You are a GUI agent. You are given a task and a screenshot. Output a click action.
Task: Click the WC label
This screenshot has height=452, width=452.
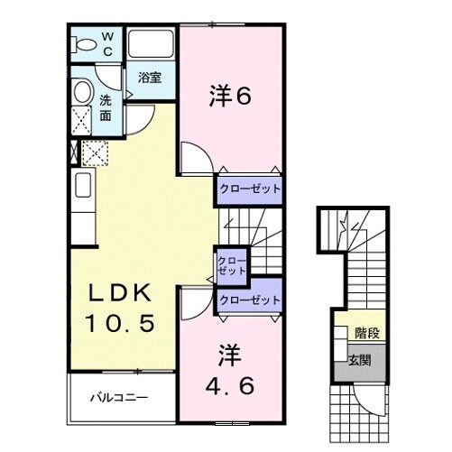click(x=107, y=44)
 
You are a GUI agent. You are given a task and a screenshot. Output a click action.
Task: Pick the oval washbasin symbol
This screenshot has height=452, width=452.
click(x=82, y=91)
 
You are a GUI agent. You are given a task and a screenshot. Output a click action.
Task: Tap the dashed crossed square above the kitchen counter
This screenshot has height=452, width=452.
click(x=94, y=153)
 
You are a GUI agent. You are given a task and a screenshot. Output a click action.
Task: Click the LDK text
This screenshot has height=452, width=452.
click(x=125, y=294)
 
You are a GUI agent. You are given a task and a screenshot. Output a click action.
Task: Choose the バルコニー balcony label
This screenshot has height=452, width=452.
click(x=117, y=397)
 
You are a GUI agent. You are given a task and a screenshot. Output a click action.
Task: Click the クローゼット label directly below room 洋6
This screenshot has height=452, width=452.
click(x=248, y=189)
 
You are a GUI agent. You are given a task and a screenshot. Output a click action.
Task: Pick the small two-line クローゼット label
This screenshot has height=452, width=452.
click(x=231, y=266)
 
